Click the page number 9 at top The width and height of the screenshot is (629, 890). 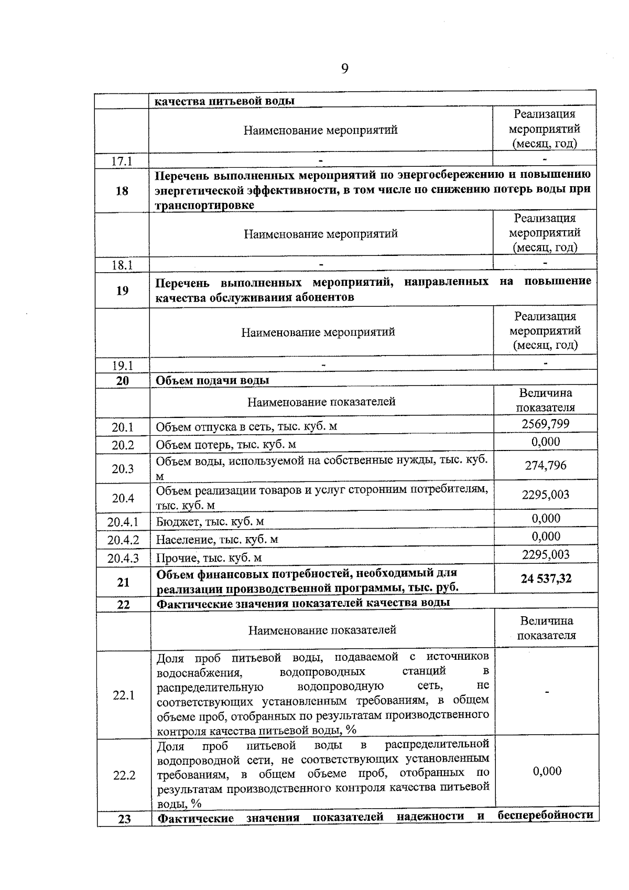tap(344, 69)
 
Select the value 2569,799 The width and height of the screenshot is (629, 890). tap(545, 424)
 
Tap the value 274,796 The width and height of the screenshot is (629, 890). tap(545, 465)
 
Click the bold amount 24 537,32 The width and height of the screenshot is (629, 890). tap(546, 578)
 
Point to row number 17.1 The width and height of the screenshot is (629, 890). tap(122, 161)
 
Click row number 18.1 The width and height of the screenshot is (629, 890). tap(122, 265)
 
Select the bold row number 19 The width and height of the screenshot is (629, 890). tap(122, 290)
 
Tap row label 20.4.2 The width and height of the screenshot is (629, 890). tap(123, 540)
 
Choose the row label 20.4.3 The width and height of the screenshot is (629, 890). tap(123, 558)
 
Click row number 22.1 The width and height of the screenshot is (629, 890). tap(124, 695)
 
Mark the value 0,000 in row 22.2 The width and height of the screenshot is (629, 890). tap(547, 771)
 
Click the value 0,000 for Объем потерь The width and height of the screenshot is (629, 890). tap(545, 442)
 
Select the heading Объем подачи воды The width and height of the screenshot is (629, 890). tap(212, 380)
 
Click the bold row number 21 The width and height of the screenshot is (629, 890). tap(123, 582)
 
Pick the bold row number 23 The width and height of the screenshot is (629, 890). tap(124, 819)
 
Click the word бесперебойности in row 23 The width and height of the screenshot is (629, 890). tap(545, 816)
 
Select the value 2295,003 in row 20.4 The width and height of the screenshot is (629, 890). tap(545, 495)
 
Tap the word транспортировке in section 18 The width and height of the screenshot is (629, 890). tap(205, 205)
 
